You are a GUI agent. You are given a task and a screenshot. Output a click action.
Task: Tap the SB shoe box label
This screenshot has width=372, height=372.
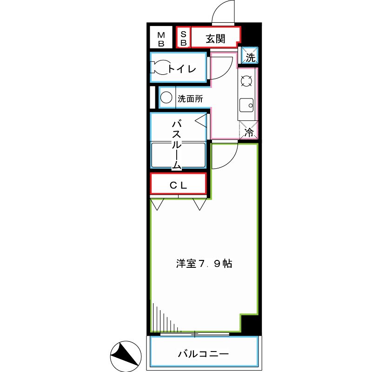point(183,39)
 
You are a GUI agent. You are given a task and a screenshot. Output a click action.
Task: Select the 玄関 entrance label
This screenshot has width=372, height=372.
point(215,39)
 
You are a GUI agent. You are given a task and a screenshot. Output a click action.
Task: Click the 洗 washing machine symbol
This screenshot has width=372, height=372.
point(250,58)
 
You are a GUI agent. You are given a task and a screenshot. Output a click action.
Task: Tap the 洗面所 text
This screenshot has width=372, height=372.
point(191,99)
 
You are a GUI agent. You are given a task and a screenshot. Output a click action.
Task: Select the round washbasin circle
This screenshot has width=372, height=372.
point(166,98)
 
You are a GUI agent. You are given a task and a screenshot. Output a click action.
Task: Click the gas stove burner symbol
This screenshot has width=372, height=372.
point(246,82)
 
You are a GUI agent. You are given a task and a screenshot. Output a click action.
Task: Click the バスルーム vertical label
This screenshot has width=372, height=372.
point(177,144)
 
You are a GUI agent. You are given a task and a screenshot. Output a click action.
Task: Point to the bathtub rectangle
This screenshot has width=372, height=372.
point(178,154)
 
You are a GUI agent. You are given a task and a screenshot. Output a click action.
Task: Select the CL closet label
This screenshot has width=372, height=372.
point(178,185)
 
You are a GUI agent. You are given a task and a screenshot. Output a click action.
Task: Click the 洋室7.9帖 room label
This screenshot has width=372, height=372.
point(204,264)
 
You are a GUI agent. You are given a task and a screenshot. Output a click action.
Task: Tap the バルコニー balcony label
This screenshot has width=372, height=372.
point(203,354)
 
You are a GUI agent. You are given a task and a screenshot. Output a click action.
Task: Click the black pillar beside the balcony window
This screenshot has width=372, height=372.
point(250,324)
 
